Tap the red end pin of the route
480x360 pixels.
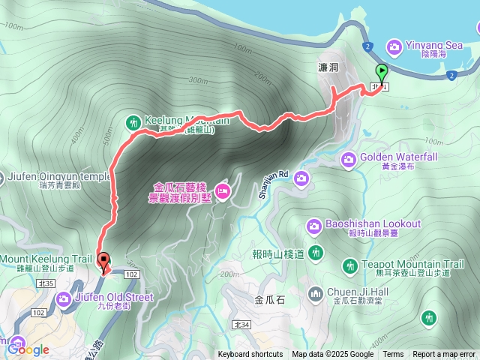(x=103, y=262)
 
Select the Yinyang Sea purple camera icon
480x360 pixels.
(x=393, y=47)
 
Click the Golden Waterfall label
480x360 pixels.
(x=400, y=157)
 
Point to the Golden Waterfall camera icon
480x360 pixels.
(x=349, y=158)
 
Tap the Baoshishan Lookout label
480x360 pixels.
(x=373, y=224)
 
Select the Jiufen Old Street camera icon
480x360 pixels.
(x=64, y=299)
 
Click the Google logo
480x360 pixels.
(x=28, y=349)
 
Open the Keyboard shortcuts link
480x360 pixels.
(x=250, y=355)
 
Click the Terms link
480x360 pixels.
(x=393, y=355)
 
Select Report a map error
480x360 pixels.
(x=443, y=355)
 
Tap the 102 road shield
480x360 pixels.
(x=131, y=276)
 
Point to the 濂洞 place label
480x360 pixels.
(x=328, y=67)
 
